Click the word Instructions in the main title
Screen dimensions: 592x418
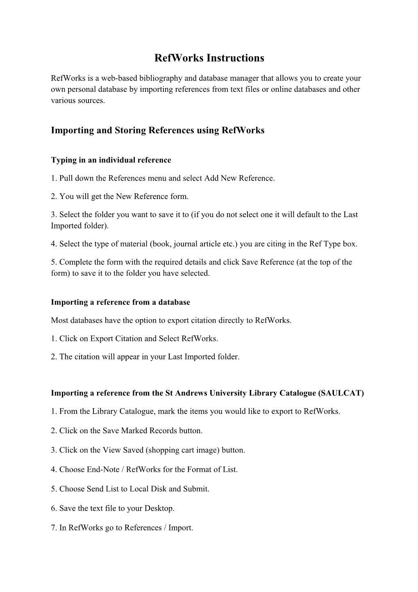(x=235, y=58)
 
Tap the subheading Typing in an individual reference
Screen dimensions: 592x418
(x=111, y=160)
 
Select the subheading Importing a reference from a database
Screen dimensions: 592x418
(x=120, y=302)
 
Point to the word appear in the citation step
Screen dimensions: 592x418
(x=129, y=357)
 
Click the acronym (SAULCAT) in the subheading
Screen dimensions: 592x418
(x=341, y=393)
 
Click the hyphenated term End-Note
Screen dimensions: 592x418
(x=103, y=469)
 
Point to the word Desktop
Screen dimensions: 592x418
(x=159, y=508)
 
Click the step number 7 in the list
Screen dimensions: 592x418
(x=53, y=528)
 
